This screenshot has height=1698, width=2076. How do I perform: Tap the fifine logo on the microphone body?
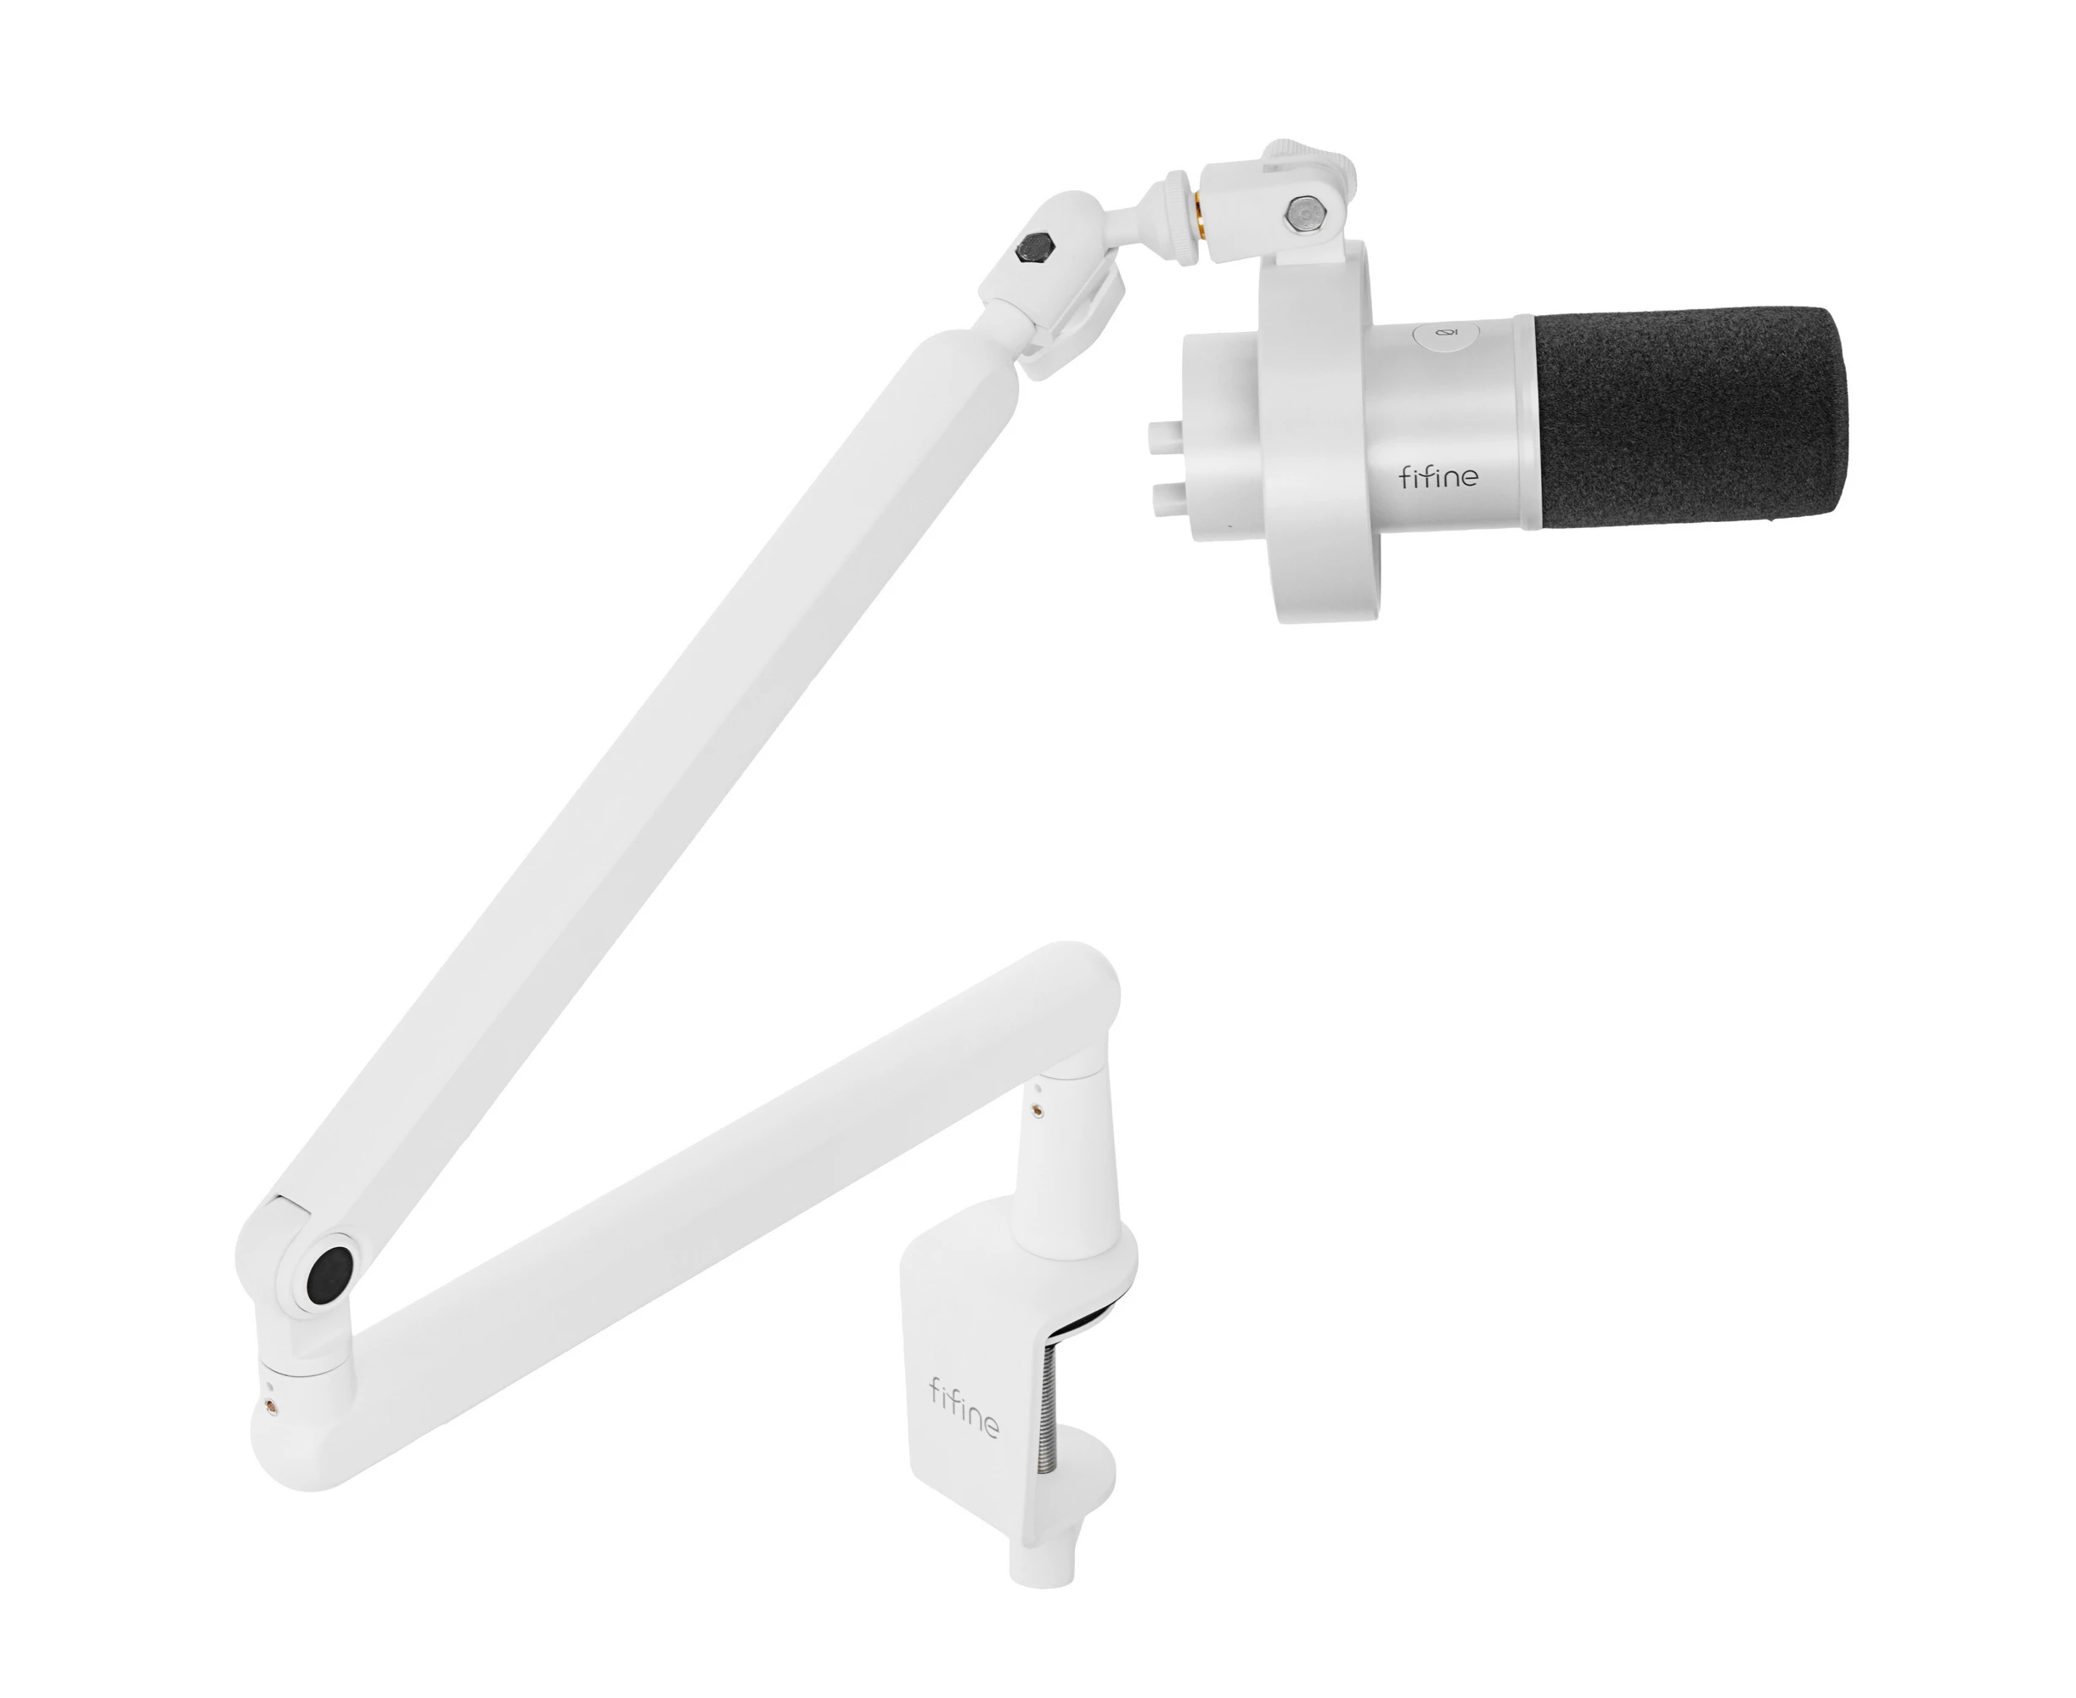pyautogui.click(x=1438, y=476)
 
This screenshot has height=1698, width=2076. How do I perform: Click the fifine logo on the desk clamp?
pyautogui.click(x=964, y=1408)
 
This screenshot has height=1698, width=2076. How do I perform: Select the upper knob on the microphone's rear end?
pyautogui.click(x=1164, y=431)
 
